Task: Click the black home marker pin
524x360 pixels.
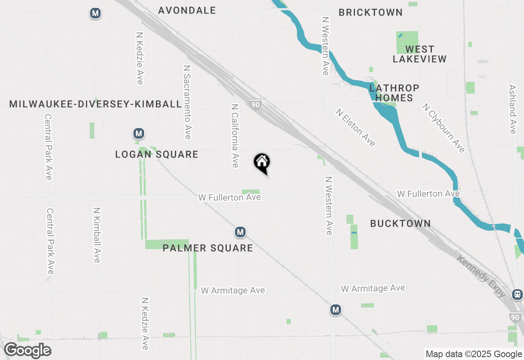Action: [x=262, y=163]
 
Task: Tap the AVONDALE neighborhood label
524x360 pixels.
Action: [x=187, y=10]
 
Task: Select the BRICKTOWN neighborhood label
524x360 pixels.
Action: [x=370, y=12]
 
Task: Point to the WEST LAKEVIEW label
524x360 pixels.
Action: [x=420, y=54]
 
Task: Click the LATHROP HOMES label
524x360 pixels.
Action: [x=394, y=93]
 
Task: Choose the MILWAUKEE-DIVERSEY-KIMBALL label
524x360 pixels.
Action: [x=95, y=104]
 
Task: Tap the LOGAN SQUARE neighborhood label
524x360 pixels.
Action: [x=157, y=154]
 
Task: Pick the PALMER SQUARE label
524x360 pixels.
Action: [x=208, y=248]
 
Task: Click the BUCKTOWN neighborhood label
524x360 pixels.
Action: [x=400, y=223]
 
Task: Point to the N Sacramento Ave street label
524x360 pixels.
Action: [x=187, y=102]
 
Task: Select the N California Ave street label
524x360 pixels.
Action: [x=235, y=135]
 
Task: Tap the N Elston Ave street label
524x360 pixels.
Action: [x=356, y=127]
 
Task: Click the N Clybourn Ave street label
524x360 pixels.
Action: [x=444, y=128]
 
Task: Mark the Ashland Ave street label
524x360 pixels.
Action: [x=512, y=109]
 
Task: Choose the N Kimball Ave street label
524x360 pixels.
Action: [x=97, y=235]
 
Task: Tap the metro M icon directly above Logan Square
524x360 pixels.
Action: [x=139, y=133]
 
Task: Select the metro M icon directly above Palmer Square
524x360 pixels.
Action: [x=240, y=232]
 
